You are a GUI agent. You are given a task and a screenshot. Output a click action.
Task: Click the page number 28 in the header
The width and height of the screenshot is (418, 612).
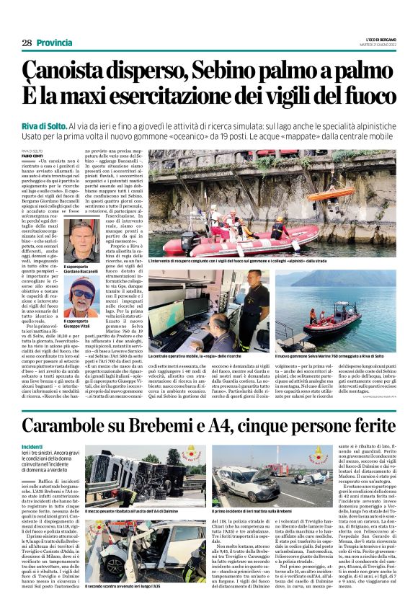27,43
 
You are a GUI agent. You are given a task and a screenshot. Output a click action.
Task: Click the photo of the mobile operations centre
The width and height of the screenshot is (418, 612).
208,311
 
